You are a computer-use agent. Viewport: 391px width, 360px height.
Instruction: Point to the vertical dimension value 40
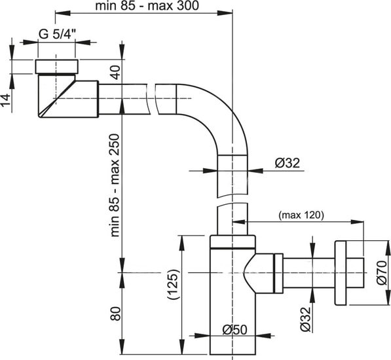(x=115, y=71)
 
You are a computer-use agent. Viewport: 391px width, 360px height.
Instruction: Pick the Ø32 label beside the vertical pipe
(x=287, y=164)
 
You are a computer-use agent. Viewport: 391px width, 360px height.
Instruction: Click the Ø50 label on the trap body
(x=233, y=329)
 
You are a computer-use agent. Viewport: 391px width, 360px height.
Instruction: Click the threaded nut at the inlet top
(x=57, y=66)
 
